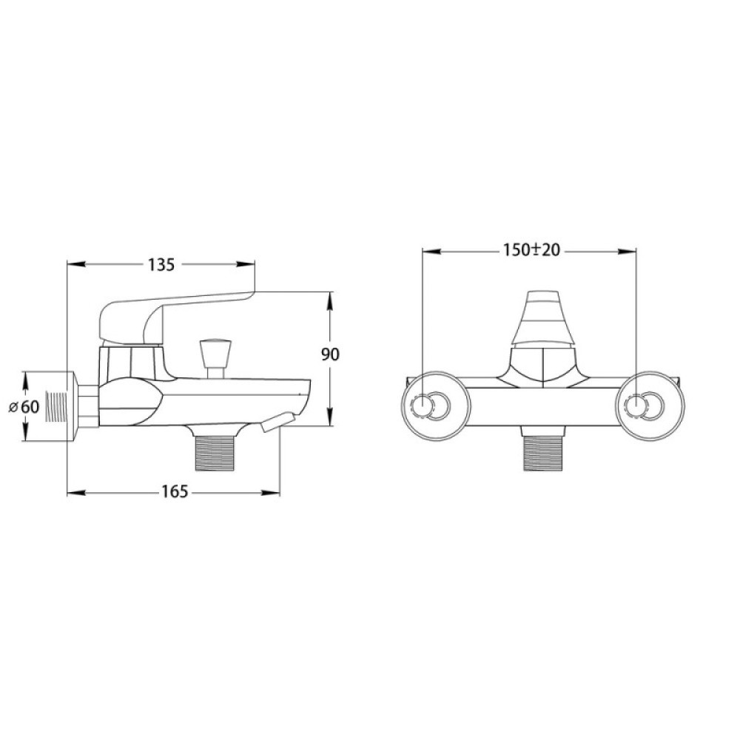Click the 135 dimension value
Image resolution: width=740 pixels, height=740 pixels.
point(161,265)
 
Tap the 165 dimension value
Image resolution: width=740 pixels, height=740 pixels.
point(175,492)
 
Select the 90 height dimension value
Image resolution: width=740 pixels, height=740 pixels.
point(330,354)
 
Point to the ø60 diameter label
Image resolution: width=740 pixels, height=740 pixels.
point(24,406)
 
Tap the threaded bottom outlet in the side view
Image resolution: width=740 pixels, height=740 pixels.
point(215,453)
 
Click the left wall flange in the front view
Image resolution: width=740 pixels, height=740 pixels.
point(436,406)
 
